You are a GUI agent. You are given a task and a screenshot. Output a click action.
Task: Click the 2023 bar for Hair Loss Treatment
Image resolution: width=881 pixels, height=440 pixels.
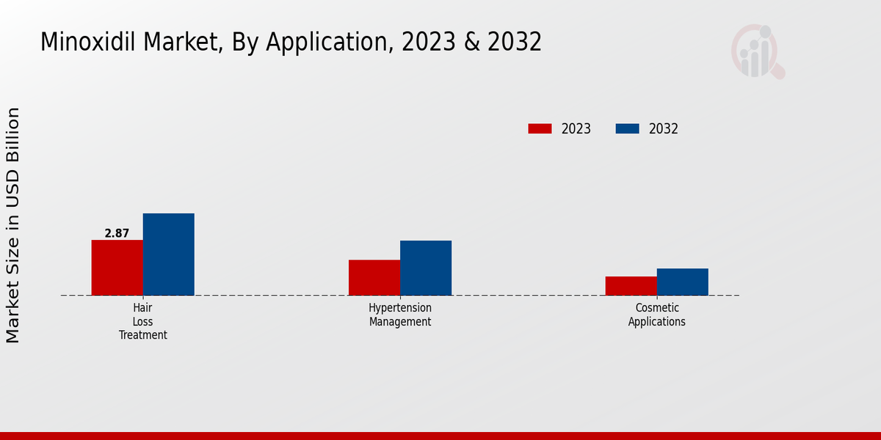117,268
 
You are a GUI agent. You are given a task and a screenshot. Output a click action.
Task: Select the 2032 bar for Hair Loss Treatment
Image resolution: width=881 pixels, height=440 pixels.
168,254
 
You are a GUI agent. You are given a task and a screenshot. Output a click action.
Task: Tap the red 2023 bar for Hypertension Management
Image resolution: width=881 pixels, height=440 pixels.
374,277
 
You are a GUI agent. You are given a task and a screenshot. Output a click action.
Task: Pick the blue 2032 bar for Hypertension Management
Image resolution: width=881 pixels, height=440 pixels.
426,268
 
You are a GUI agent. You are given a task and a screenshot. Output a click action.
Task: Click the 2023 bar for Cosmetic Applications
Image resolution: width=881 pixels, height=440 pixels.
631,286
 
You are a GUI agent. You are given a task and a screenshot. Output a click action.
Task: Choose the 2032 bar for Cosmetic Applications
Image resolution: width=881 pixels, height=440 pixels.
682,282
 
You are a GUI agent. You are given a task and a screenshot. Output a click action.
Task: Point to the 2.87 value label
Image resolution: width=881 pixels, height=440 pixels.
117,233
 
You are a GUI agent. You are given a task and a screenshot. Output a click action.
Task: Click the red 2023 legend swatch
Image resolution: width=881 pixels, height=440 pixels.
540,129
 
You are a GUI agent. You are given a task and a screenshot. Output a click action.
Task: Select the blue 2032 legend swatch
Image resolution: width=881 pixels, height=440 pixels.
627,129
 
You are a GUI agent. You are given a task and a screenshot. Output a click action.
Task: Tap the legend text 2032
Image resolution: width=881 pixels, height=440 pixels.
664,129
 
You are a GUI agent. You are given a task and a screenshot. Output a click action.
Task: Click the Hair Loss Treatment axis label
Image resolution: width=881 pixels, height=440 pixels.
143,321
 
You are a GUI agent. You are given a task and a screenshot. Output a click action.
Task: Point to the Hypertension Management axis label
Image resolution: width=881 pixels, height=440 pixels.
400,315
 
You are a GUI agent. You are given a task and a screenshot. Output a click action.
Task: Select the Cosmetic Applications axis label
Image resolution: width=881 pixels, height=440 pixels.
657,315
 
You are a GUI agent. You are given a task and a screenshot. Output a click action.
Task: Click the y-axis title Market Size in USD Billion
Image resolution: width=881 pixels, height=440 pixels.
13,225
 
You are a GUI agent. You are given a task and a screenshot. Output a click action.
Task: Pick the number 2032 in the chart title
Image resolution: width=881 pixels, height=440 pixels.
513,43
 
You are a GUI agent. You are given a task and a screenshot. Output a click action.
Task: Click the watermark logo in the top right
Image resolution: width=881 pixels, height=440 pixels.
757,51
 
